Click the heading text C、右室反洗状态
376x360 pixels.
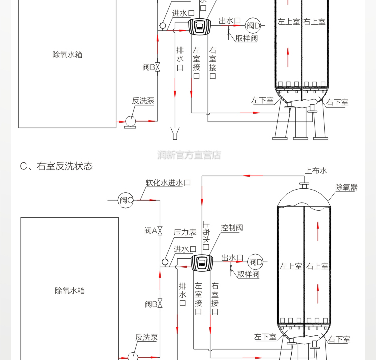[56, 166]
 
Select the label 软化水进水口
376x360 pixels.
[168, 183]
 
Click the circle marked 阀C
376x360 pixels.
[126, 200]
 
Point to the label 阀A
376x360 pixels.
[151, 231]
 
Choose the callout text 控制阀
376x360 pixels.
[232, 228]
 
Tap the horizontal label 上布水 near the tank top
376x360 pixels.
[316, 171]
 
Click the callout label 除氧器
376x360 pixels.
[346, 187]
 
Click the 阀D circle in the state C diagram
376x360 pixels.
[256, 262]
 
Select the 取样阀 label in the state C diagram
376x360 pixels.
[248, 274]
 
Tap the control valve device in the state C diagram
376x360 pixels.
[202, 263]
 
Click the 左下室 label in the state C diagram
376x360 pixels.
[265, 337]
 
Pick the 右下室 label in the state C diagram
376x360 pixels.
[339, 340]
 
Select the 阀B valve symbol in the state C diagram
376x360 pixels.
[160, 304]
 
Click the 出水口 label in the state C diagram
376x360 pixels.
[232, 258]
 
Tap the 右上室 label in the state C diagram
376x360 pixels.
[317, 266]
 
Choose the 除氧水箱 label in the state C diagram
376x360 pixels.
[69, 290]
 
